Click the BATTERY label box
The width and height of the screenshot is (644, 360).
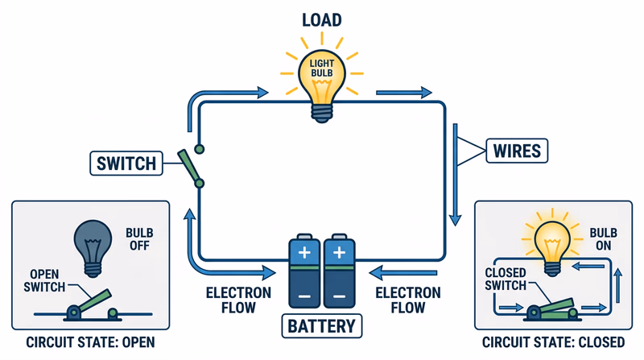tap(321, 327)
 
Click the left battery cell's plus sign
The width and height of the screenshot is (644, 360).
tap(304, 254)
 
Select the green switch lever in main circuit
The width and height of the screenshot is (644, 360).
tap(191, 167)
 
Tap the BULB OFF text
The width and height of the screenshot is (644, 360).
tap(138, 240)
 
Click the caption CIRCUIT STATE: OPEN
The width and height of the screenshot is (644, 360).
tap(90, 342)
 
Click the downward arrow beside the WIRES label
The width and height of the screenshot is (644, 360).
tap(457, 173)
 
